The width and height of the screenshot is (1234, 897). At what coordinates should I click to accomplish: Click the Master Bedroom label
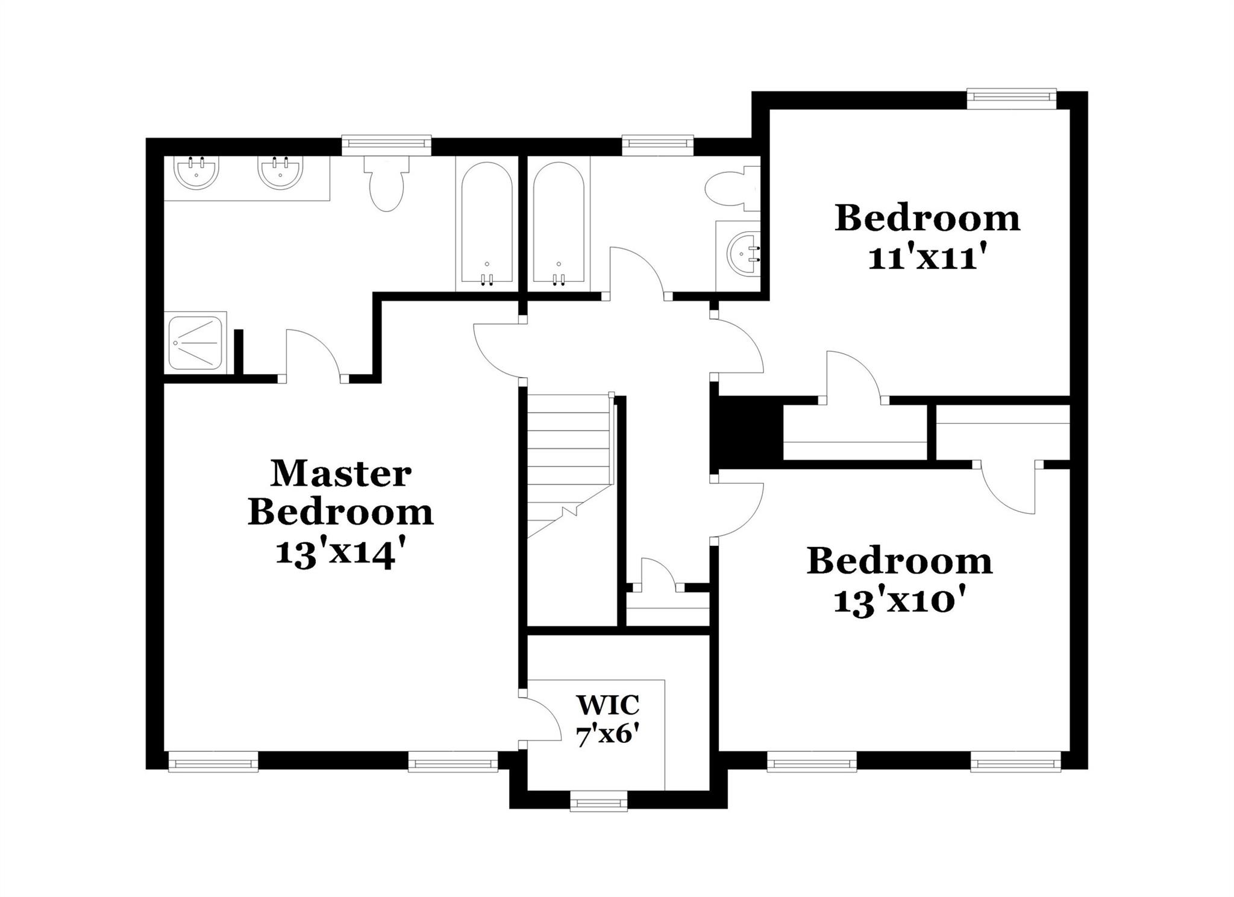340,493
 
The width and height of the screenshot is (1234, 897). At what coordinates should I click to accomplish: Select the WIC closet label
607,704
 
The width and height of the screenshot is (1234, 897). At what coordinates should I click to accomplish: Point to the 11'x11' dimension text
928,258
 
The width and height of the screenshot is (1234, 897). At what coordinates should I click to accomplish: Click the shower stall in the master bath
196,342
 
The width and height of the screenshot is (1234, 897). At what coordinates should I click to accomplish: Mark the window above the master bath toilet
386,145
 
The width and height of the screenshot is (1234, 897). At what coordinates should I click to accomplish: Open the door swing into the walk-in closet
539,720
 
